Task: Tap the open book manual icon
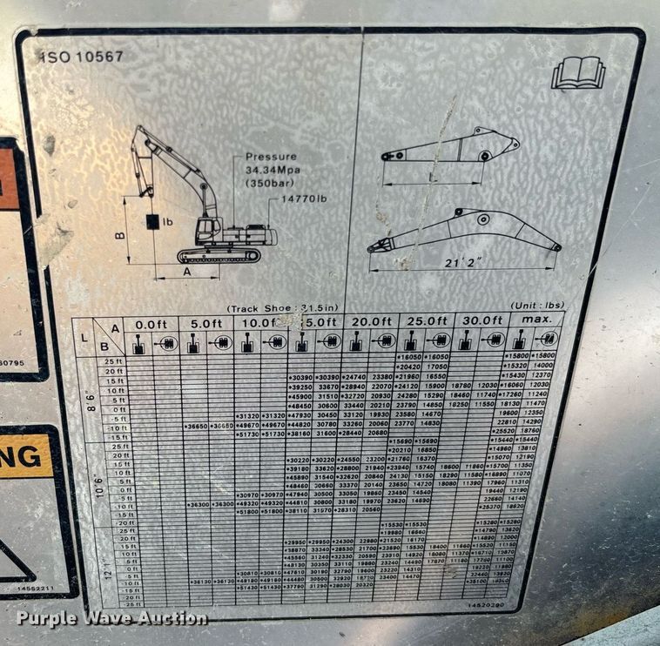pos(577,73)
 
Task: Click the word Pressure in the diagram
pos(270,157)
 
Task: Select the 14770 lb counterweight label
pos(301,199)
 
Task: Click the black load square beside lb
pos(152,222)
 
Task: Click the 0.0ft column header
pos(152,323)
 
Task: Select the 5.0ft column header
pos(206,323)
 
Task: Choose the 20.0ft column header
pos(369,322)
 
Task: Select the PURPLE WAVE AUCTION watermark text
pos(111,618)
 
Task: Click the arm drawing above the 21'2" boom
pos(451,147)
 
